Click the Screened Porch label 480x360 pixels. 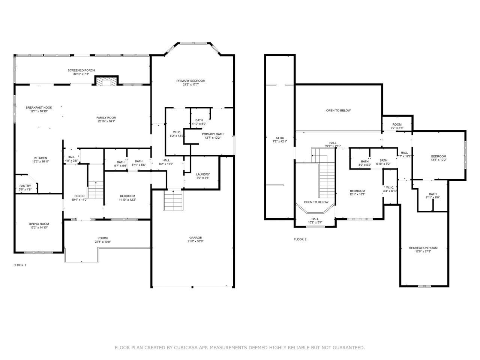[81, 70]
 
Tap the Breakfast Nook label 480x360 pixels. [39, 108]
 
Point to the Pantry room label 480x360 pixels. [25, 186]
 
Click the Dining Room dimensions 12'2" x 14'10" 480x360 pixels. [39, 228]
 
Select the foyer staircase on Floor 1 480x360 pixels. [96, 190]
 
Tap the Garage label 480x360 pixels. [195, 237]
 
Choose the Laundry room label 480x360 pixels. [202, 174]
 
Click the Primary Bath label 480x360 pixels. [213, 134]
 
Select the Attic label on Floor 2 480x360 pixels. [280, 138]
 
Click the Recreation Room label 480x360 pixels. [423, 248]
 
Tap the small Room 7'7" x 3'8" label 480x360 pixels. [397, 124]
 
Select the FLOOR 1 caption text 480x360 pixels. [20, 265]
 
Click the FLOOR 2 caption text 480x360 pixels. [300, 239]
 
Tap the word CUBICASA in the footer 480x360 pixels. [186, 348]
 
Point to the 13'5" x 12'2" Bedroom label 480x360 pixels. [438, 156]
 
